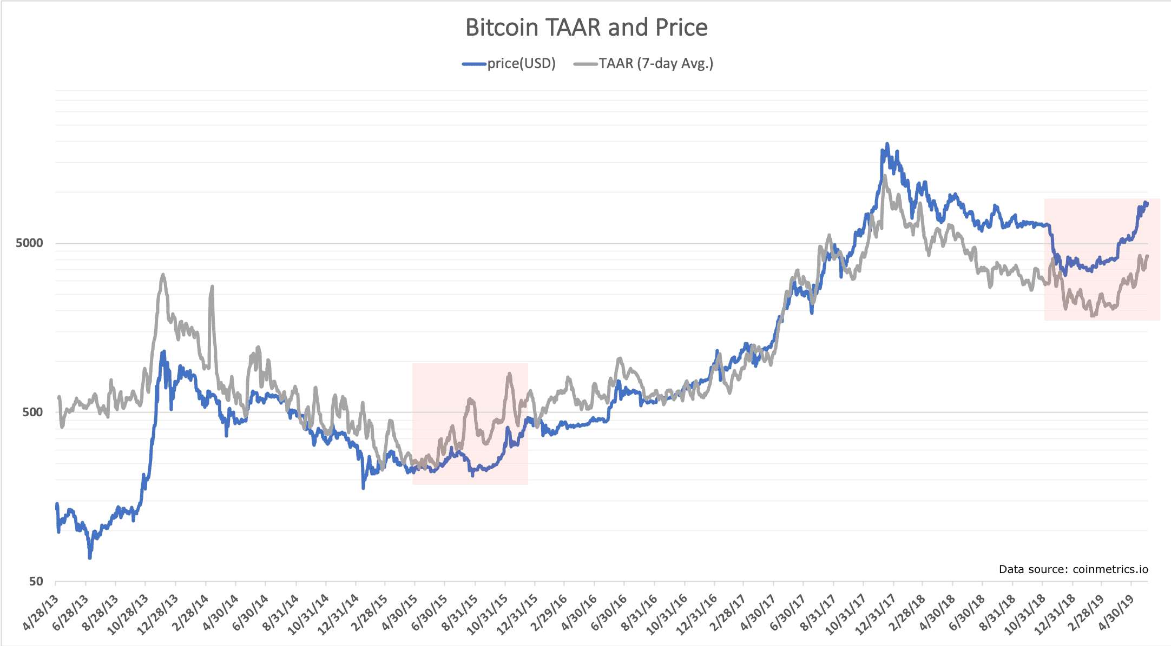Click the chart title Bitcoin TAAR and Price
point(586,28)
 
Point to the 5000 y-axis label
point(29,243)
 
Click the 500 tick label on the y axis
point(32,412)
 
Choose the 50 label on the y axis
point(36,581)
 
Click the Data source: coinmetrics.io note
point(1073,569)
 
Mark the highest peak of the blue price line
point(887,144)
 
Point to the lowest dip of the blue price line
point(90,557)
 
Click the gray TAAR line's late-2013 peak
point(163,275)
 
